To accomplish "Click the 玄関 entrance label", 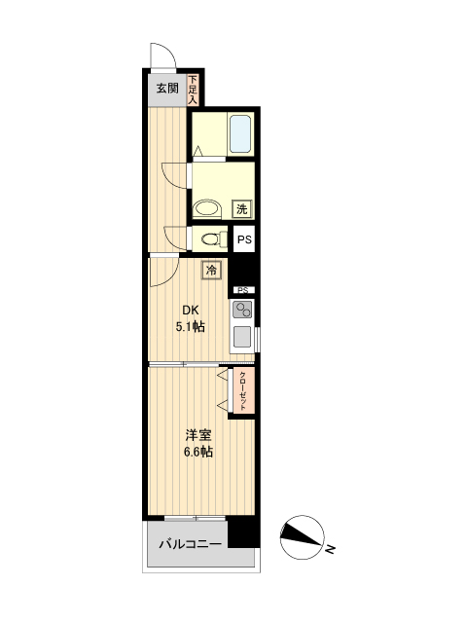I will (166, 89).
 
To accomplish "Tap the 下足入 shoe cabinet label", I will (193, 90).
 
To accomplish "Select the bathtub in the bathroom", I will (239, 133).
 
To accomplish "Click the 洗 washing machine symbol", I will (241, 207).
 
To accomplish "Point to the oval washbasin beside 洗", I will (205, 207).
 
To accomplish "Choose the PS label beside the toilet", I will (244, 238).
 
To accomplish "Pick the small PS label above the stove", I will (242, 290).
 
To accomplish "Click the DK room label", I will (191, 311).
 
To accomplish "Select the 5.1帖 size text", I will (191, 327).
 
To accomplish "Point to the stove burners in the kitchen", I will (242, 311).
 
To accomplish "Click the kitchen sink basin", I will (242, 338).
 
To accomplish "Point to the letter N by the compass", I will (331, 550).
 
